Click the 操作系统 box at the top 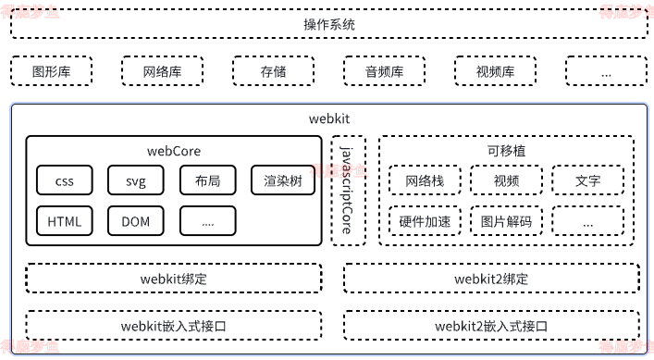tap(328, 24)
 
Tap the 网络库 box tap(162, 71)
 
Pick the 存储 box tap(273, 71)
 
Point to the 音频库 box tap(384, 71)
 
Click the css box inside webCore tap(64, 180)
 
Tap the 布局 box tap(207, 180)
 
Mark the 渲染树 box tap(282, 180)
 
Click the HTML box tap(64, 221)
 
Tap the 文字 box tap(587, 180)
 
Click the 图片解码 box tap(506, 221)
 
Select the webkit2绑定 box tap(491, 279)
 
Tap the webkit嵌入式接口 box tap(174, 326)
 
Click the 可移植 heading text tap(506, 151)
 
